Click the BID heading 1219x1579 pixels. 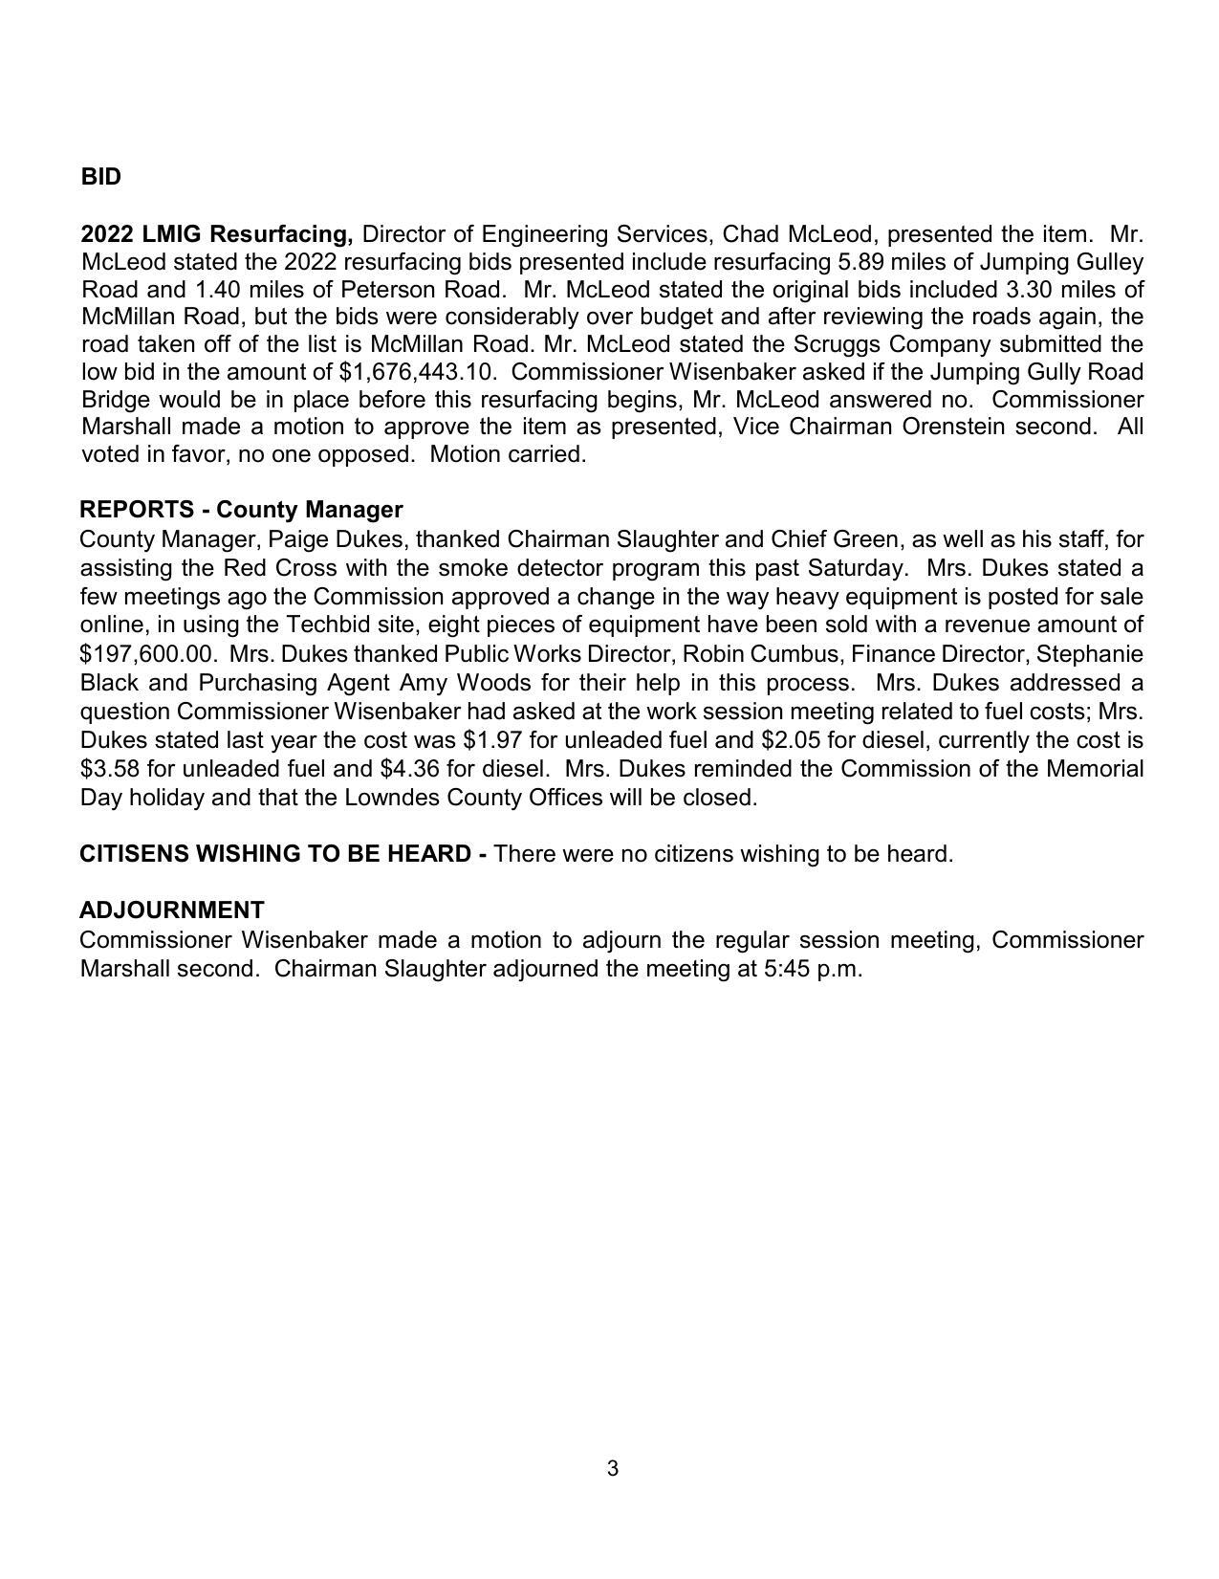100,177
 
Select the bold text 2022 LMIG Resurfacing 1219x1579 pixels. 217,234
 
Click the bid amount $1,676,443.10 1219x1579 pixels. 417,371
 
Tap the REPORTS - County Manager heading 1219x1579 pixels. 241,510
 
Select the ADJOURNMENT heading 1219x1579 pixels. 172,910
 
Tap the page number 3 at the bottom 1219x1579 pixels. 612,1468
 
